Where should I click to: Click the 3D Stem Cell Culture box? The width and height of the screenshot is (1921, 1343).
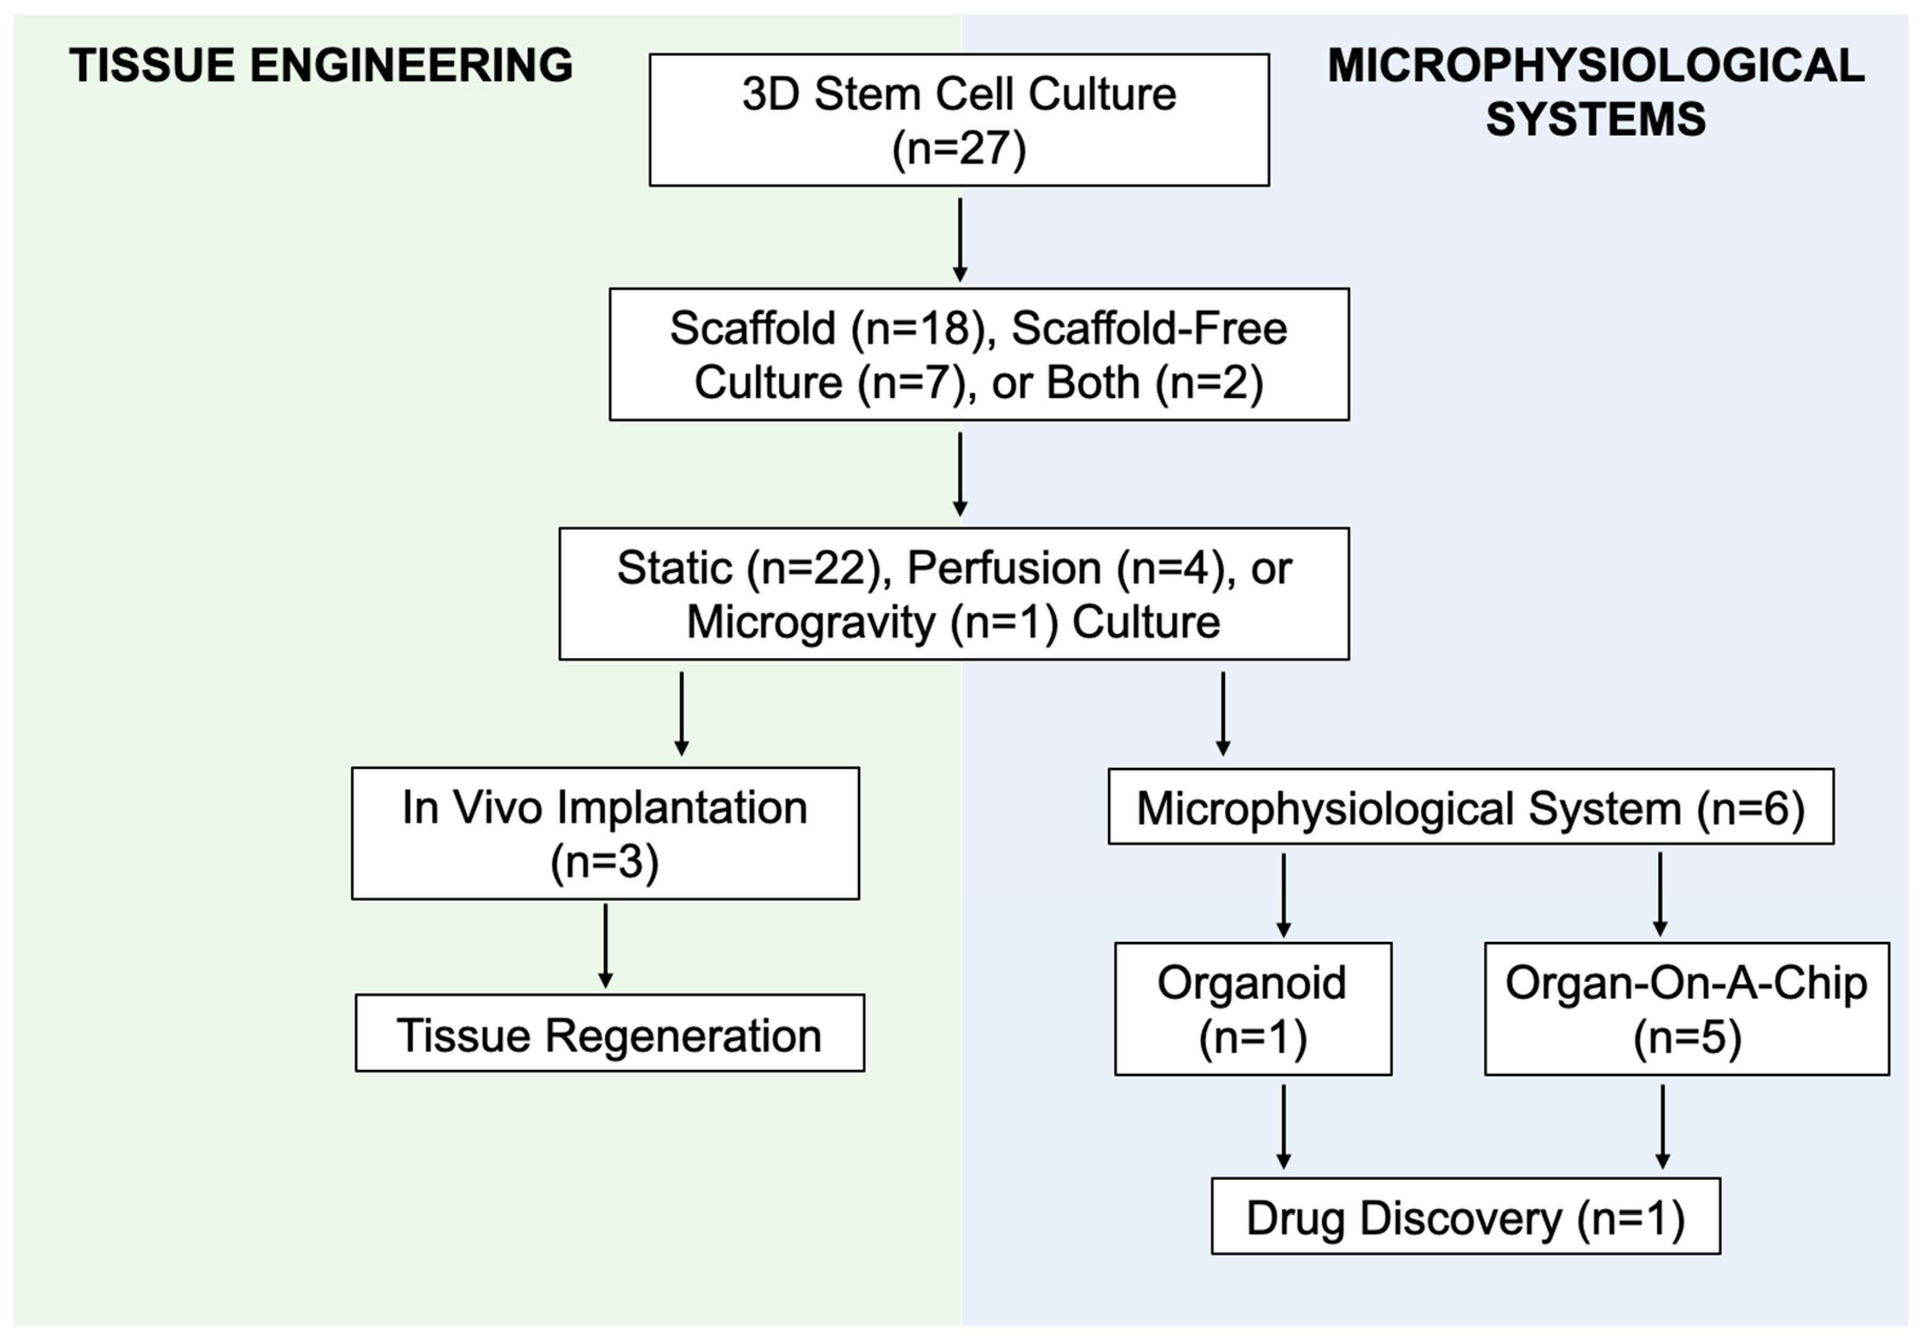click(959, 120)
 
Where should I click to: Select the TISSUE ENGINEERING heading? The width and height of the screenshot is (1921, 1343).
click(321, 65)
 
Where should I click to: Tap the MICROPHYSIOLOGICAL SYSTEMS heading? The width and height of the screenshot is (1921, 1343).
click(1596, 92)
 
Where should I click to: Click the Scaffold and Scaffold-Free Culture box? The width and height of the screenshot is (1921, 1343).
click(979, 354)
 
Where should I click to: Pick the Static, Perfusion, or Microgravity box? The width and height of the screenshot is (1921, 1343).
click(954, 593)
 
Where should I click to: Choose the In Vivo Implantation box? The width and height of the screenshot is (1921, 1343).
click(605, 833)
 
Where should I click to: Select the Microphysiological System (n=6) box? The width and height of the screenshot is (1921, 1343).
click(1471, 806)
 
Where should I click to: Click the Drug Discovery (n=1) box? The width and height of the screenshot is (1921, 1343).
click(1466, 1216)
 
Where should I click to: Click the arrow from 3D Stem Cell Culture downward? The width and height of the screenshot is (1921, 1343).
click(959, 240)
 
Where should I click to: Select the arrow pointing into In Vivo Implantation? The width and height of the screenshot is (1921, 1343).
click(682, 714)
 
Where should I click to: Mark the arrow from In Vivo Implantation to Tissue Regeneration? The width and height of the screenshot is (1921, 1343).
click(606, 947)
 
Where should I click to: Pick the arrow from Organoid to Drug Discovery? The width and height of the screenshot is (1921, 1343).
click(1284, 1127)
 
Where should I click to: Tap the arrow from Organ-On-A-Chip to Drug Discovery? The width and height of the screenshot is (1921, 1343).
click(1663, 1127)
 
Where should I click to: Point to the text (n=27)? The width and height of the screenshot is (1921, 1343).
click(959, 150)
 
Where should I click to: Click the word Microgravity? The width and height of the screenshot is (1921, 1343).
click(811, 622)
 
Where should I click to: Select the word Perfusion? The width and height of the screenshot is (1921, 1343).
click(1004, 568)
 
